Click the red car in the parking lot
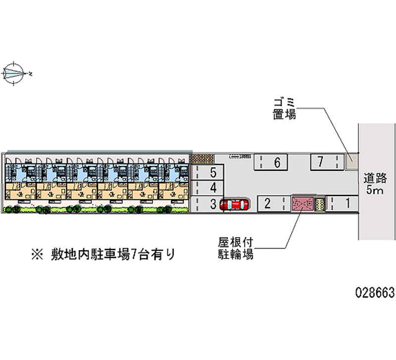234,204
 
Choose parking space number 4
213,188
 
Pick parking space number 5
213,173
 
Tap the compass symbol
13,74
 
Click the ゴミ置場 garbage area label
285,109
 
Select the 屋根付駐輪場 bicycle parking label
236,249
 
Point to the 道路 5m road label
375,184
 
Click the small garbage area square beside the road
352,160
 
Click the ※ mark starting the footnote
37,256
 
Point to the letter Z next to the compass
31,74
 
